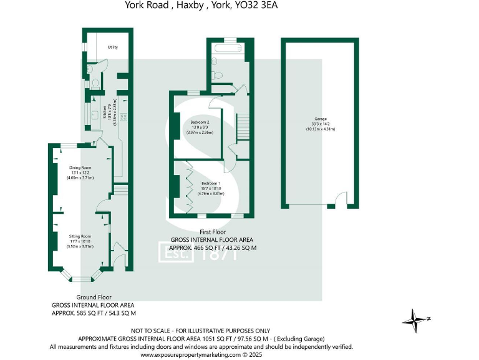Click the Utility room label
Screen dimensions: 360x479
click(x=113, y=47)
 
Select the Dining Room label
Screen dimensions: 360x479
click(x=80, y=167)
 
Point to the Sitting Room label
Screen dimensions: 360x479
click(x=80, y=236)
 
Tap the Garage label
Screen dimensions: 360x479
click(x=321, y=119)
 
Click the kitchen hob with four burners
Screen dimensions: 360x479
click(x=123, y=116)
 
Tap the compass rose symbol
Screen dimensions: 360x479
click(x=414, y=320)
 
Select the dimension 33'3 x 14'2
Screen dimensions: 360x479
click(x=321, y=124)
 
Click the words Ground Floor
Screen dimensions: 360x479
click(x=94, y=297)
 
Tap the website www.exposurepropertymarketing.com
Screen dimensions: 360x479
click(x=190, y=354)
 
